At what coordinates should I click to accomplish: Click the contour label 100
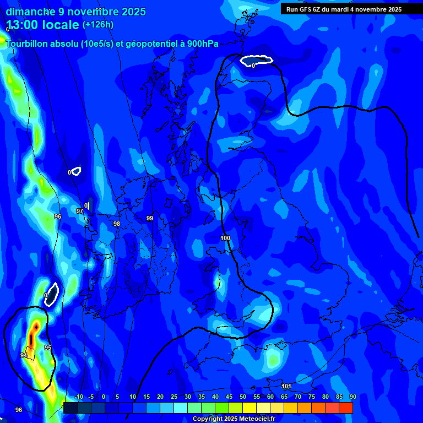pyautogui.click(x=225, y=238)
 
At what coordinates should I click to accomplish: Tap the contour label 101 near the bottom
pyautogui.click(x=286, y=386)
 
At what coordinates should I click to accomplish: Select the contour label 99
pyautogui.click(x=150, y=219)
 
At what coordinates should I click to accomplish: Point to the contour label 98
pyautogui.click(x=116, y=224)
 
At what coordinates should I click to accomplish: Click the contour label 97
pyautogui.click(x=80, y=211)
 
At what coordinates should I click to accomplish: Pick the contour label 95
pyautogui.click(x=48, y=348)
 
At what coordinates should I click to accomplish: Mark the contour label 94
pyautogui.click(x=24, y=356)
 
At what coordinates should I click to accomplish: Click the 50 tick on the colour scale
pyautogui.click(x=243, y=397)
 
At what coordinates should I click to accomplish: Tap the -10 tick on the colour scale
pyautogui.click(x=78, y=397)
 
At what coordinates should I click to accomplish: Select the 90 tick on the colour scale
pyautogui.click(x=352, y=397)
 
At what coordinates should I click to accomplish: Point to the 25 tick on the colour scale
pyautogui.click(x=174, y=397)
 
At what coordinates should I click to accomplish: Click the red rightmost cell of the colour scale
pyautogui.click(x=346, y=408)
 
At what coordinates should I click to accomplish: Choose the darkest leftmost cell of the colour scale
pyautogui.click(x=70, y=408)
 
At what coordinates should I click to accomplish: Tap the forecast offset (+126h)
pyautogui.click(x=98, y=25)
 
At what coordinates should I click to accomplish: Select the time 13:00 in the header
pyautogui.click(x=25, y=25)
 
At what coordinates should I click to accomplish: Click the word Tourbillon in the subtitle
pyautogui.click(x=28, y=44)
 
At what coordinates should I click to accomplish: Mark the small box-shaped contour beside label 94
pyautogui.click(x=30, y=352)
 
